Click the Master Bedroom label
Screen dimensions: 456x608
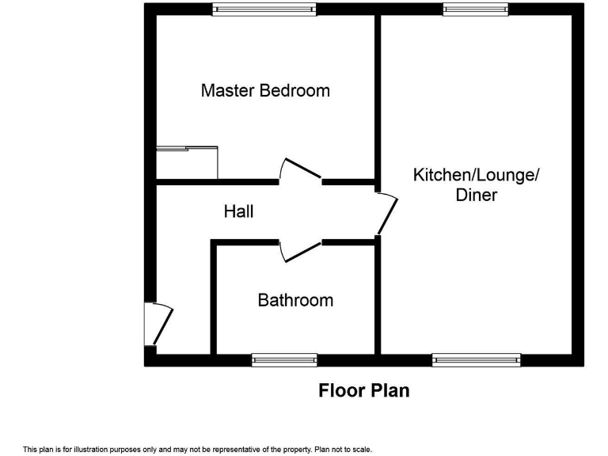tap(265, 90)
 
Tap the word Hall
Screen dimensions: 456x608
tap(238, 211)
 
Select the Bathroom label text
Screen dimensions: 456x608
tap(295, 301)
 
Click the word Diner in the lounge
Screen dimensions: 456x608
tap(476, 195)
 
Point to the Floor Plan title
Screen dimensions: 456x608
tap(364, 390)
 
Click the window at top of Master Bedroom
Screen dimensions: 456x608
tap(264, 9)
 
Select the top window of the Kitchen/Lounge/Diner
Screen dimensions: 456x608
tap(476, 9)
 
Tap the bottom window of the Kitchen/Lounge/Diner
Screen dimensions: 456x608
tap(477, 360)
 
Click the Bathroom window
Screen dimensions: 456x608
tap(284, 360)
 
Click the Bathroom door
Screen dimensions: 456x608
tap(300, 251)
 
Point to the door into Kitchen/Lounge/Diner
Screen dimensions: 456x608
tap(386, 212)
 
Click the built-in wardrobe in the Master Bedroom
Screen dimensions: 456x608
tap(187, 162)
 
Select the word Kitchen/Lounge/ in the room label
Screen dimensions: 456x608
tap(476, 175)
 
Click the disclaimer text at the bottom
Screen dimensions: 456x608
tap(197, 449)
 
